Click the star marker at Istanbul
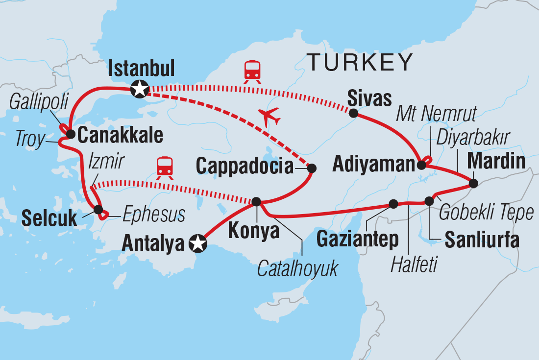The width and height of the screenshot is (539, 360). tap(140, 89)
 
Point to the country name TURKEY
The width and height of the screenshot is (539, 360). tap(360, 62)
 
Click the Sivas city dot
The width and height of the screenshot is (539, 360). tap(353, 114)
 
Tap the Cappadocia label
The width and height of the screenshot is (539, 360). tap(245, 167)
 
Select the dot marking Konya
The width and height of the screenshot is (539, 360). tap(256, 202)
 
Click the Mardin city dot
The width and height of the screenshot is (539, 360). tap(473, 184)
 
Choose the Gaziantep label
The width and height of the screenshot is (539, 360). tap(357, 239)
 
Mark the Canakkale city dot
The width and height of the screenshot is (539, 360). tap(70, 133)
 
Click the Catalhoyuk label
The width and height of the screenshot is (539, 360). tap(298, 268)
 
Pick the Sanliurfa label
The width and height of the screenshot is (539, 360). tap(482, 240)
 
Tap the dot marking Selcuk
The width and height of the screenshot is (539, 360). tap(98, 210)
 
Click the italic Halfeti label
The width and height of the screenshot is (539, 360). tap(415, 265)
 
